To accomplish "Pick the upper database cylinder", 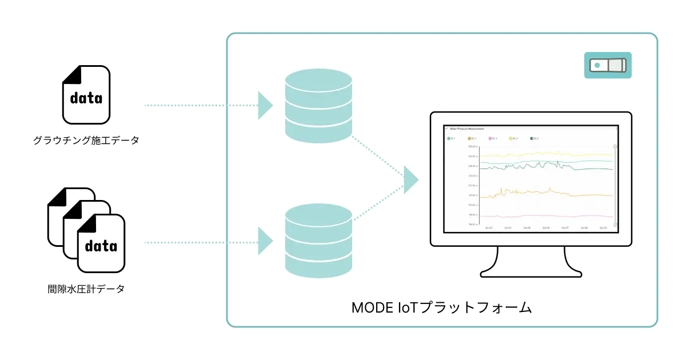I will [x=318, y=105].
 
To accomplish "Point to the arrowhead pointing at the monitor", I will [x=410, y=178].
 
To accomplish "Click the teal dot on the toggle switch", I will [x=597, y=65].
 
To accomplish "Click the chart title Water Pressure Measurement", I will [x=467, y=129].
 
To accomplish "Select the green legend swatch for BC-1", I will [x=449, y=139].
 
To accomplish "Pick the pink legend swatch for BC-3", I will [x=490, y=139].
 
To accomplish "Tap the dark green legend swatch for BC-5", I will [x=531, y=139].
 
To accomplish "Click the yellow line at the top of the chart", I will [x=543, y=154].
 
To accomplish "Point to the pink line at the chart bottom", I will [x=543, y=216].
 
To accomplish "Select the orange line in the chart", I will [x=543, y=193].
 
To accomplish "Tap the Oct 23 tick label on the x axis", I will [x=489, y=227].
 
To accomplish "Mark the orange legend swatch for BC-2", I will [x=469, y=139].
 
